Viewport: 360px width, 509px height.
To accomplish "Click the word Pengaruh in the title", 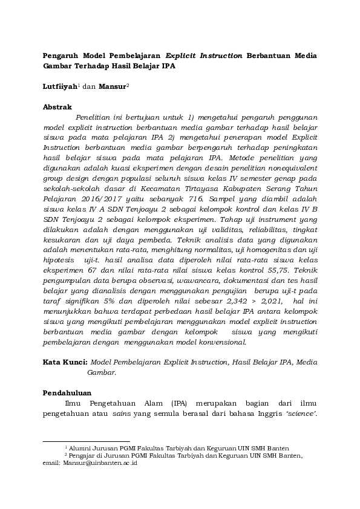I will pyautogui.click(x=63, y=56).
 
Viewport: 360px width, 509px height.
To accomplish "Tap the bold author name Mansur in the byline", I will pyautogui.click(x=112, y=86).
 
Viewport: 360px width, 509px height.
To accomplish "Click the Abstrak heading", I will pyautogui.click(x=57, y=107).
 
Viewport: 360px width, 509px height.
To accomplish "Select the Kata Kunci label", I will pyautogui.click(x=65, y=361).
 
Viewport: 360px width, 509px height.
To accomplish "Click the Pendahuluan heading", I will pyautogui.click(x=69, y=392).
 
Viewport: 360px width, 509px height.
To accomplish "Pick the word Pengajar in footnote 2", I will pyautogui.click(x=85, y=456).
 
